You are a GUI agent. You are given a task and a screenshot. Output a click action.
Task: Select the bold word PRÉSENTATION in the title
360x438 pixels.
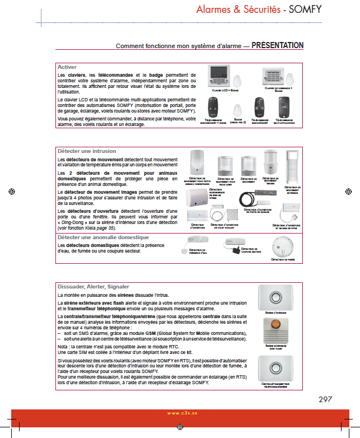[278, 45]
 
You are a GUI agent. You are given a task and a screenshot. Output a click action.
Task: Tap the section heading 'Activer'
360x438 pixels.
[67, 67]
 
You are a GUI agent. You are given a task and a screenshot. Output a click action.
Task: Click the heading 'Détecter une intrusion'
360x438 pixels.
[87, 151]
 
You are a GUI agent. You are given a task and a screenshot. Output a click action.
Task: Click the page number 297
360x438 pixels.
[325, 399]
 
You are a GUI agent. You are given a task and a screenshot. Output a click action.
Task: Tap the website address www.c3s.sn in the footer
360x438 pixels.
[180, 413]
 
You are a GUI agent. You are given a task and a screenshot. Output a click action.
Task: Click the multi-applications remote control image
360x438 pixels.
[284, 106]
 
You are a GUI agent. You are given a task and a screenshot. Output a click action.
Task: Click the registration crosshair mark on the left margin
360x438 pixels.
[11, 191]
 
